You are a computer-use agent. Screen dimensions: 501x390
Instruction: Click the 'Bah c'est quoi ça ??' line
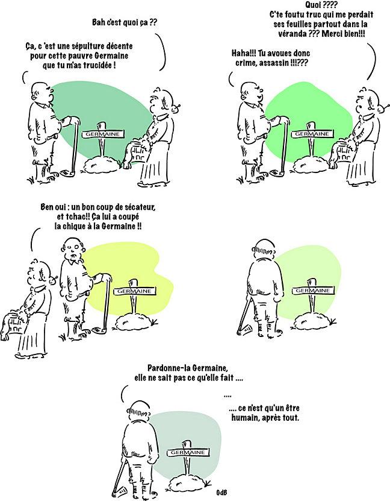(120, 24)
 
